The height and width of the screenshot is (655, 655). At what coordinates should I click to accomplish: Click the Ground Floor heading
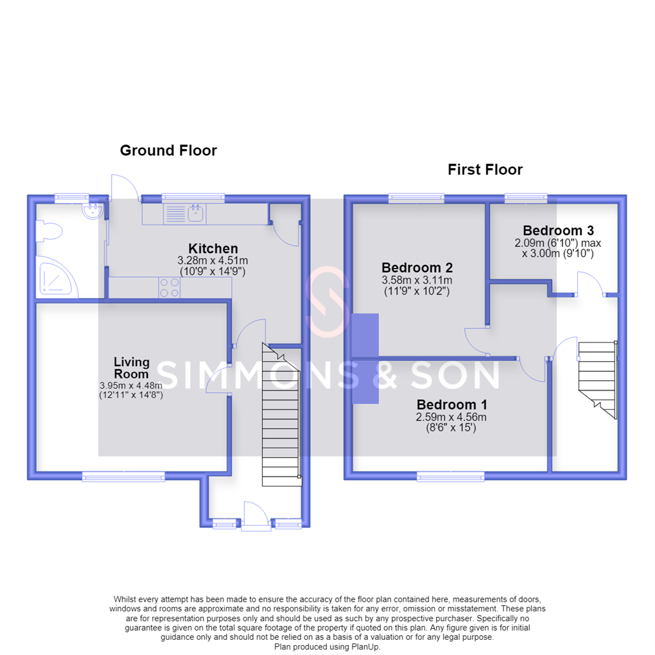pyautogui.click(x=169, y=150)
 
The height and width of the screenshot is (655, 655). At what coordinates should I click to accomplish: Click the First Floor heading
pyautogui.click(x=485, y=170)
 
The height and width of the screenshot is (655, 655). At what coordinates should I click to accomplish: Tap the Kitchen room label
pyautogui.click(x=213, y=249)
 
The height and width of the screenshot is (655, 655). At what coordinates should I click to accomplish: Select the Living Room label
pyautogui.click(x=132, y=368)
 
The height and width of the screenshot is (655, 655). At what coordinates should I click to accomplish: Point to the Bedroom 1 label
pyautogui.click(x=452, y=405)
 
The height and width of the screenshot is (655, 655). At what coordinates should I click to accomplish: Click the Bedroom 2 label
pyautogui.click(x=417, y=267)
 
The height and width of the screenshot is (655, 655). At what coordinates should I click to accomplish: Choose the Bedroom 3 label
pyautogui.click(x=558, y=230)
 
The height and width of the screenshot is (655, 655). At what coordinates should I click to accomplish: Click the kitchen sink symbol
pyautogui.click(x=184, y=213)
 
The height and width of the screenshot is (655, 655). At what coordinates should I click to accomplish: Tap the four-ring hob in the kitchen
pyautogui.click(x=169, y=287)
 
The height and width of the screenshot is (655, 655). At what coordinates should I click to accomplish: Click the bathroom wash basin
pyautogui.click(x=93, y=211)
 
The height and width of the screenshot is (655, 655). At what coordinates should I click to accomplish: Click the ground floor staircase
pyautogui.click(x=281, y=414)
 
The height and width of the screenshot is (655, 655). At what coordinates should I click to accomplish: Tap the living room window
pyautogui.click(x=124, y=476)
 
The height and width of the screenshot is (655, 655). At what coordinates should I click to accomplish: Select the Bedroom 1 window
pyautogui.click(x=451, y=476)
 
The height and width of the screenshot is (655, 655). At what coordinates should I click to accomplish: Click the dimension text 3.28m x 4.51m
pyautogui.click(x=213, y=261)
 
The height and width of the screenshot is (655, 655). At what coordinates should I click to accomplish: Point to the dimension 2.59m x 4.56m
pyautogui.click(x=451, y=417)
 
